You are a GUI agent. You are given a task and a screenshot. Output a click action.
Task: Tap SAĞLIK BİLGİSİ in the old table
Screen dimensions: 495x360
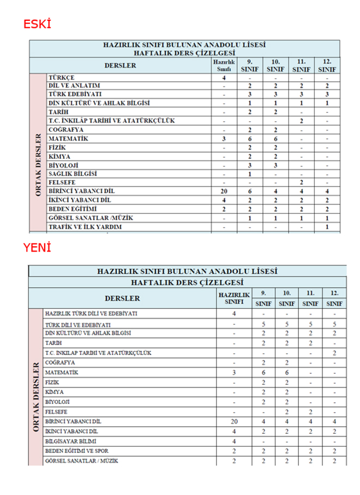[x=73, y=174]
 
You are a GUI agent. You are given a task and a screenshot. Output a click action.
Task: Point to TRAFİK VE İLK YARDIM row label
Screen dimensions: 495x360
[x=85, y=226]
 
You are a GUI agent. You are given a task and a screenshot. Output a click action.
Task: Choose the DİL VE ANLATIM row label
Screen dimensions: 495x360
[x=74, y=86]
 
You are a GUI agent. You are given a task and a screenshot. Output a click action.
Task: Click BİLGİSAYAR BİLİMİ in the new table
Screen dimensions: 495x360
[x=70, y=441]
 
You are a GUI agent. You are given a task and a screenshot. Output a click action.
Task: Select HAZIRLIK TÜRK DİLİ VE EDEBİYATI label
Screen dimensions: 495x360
[x=91, y=314]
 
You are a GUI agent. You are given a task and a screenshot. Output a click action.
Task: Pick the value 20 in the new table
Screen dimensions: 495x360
[x=234, y=422]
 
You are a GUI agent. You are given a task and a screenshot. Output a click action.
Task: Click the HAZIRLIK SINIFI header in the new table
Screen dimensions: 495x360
[x=234, y=298]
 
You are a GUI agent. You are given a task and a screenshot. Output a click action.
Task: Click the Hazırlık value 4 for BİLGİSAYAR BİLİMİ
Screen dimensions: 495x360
[x=234, y=441]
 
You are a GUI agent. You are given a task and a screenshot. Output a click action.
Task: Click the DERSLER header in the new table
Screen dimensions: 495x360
[x=122, y=298]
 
